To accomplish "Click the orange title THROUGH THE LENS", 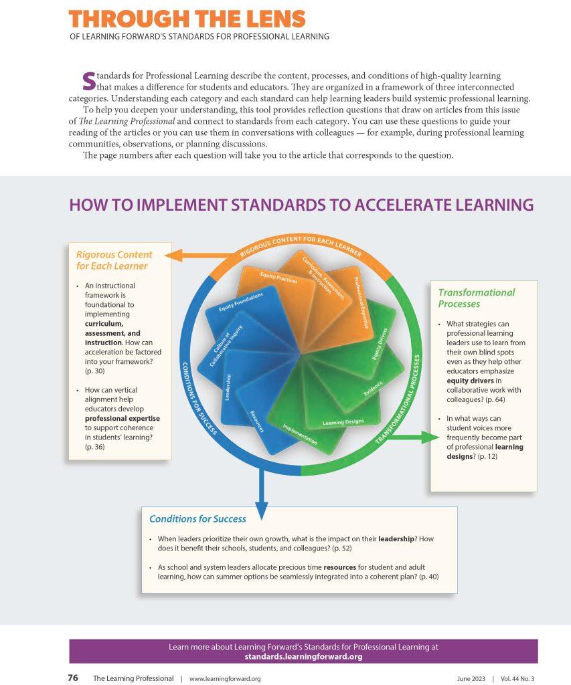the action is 187,19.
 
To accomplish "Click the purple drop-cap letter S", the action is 89,81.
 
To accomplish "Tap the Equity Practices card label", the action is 278,278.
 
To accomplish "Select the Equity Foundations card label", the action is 241,302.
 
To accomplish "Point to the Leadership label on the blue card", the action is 228,387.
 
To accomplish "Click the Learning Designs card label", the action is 343,422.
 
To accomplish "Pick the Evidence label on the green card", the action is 373,389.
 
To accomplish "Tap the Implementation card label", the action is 300,433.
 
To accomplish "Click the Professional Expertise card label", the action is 361,302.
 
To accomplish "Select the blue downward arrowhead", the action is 261,510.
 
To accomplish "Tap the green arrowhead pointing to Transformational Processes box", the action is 430,437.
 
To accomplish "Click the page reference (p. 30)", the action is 95,371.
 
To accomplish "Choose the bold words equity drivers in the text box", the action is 470,381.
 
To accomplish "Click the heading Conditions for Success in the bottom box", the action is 197,519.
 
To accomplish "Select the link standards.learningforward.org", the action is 303,657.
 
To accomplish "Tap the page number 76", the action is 73,678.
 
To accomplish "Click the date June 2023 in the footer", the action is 471,678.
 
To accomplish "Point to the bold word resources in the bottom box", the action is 339,567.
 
